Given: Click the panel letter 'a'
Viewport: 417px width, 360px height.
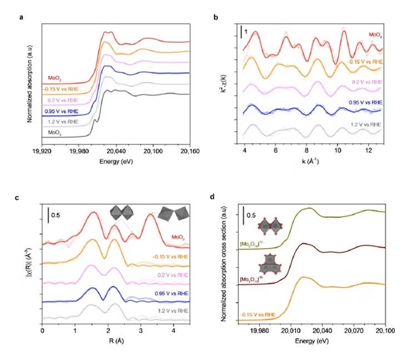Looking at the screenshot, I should pyautogui.click(x=21, y=17).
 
